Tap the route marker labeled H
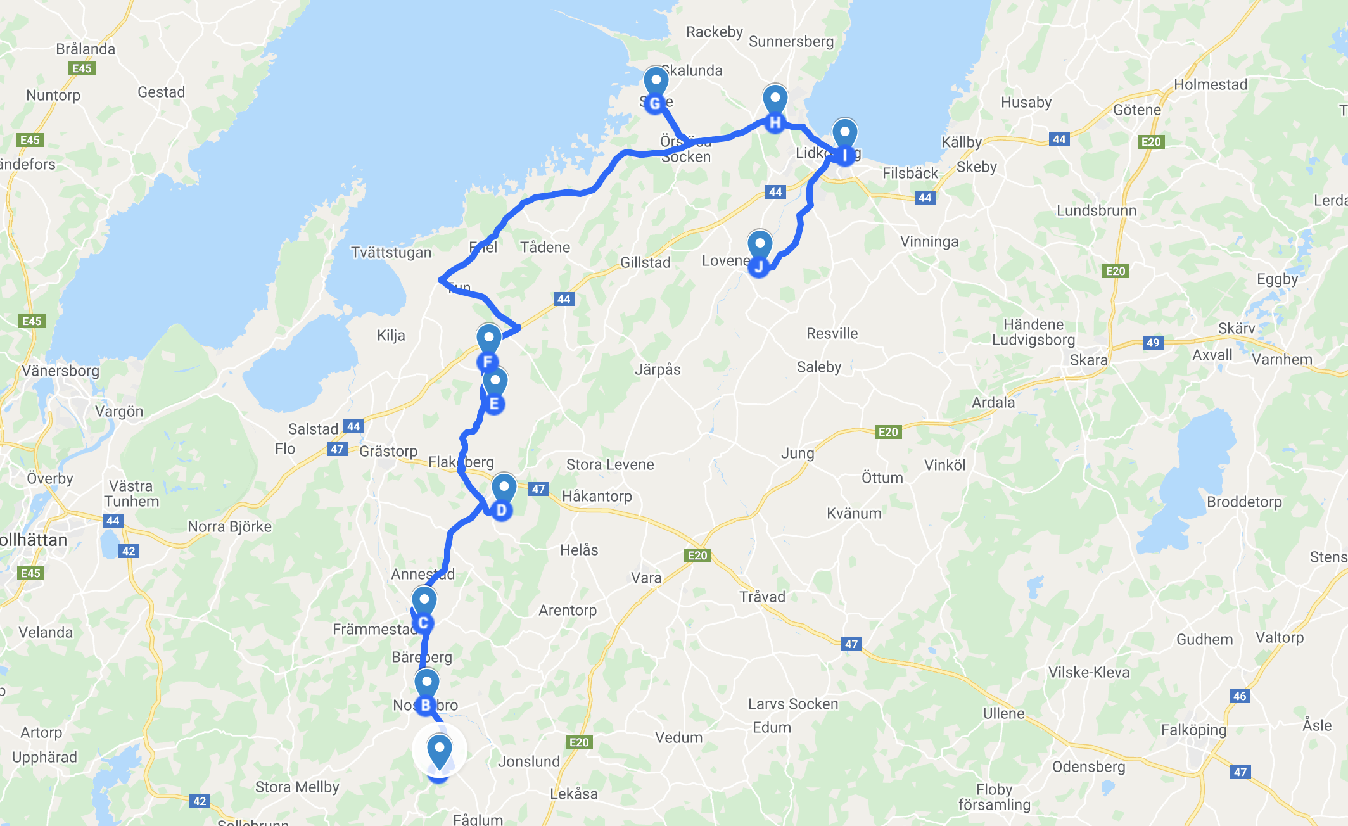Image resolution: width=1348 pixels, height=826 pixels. [775, 108]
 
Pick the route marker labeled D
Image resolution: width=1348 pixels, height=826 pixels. [504, 496]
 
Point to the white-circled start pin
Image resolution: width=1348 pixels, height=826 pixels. [439, 751]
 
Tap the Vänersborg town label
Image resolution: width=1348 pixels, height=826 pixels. [61, 371]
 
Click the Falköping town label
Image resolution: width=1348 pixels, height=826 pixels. [1193, 730]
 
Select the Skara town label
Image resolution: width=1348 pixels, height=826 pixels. [1088, 360]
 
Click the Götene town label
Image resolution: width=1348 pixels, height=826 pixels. [1137, 110]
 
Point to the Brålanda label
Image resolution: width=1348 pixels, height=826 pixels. [86, 49]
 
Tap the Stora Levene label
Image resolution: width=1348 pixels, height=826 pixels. [609, 464]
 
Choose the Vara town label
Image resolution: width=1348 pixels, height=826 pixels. [645, 578]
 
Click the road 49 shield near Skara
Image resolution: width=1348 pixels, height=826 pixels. [1152, 343]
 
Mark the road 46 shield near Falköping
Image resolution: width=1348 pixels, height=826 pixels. [1239, 696]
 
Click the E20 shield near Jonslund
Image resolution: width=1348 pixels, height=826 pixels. [578, 742]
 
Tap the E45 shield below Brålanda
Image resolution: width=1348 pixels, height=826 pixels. [82, 68]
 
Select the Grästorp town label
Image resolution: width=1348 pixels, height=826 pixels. [388, 451]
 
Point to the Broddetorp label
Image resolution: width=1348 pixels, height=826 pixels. [1243, 502]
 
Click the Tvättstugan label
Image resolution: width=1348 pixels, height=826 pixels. [391, 252]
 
